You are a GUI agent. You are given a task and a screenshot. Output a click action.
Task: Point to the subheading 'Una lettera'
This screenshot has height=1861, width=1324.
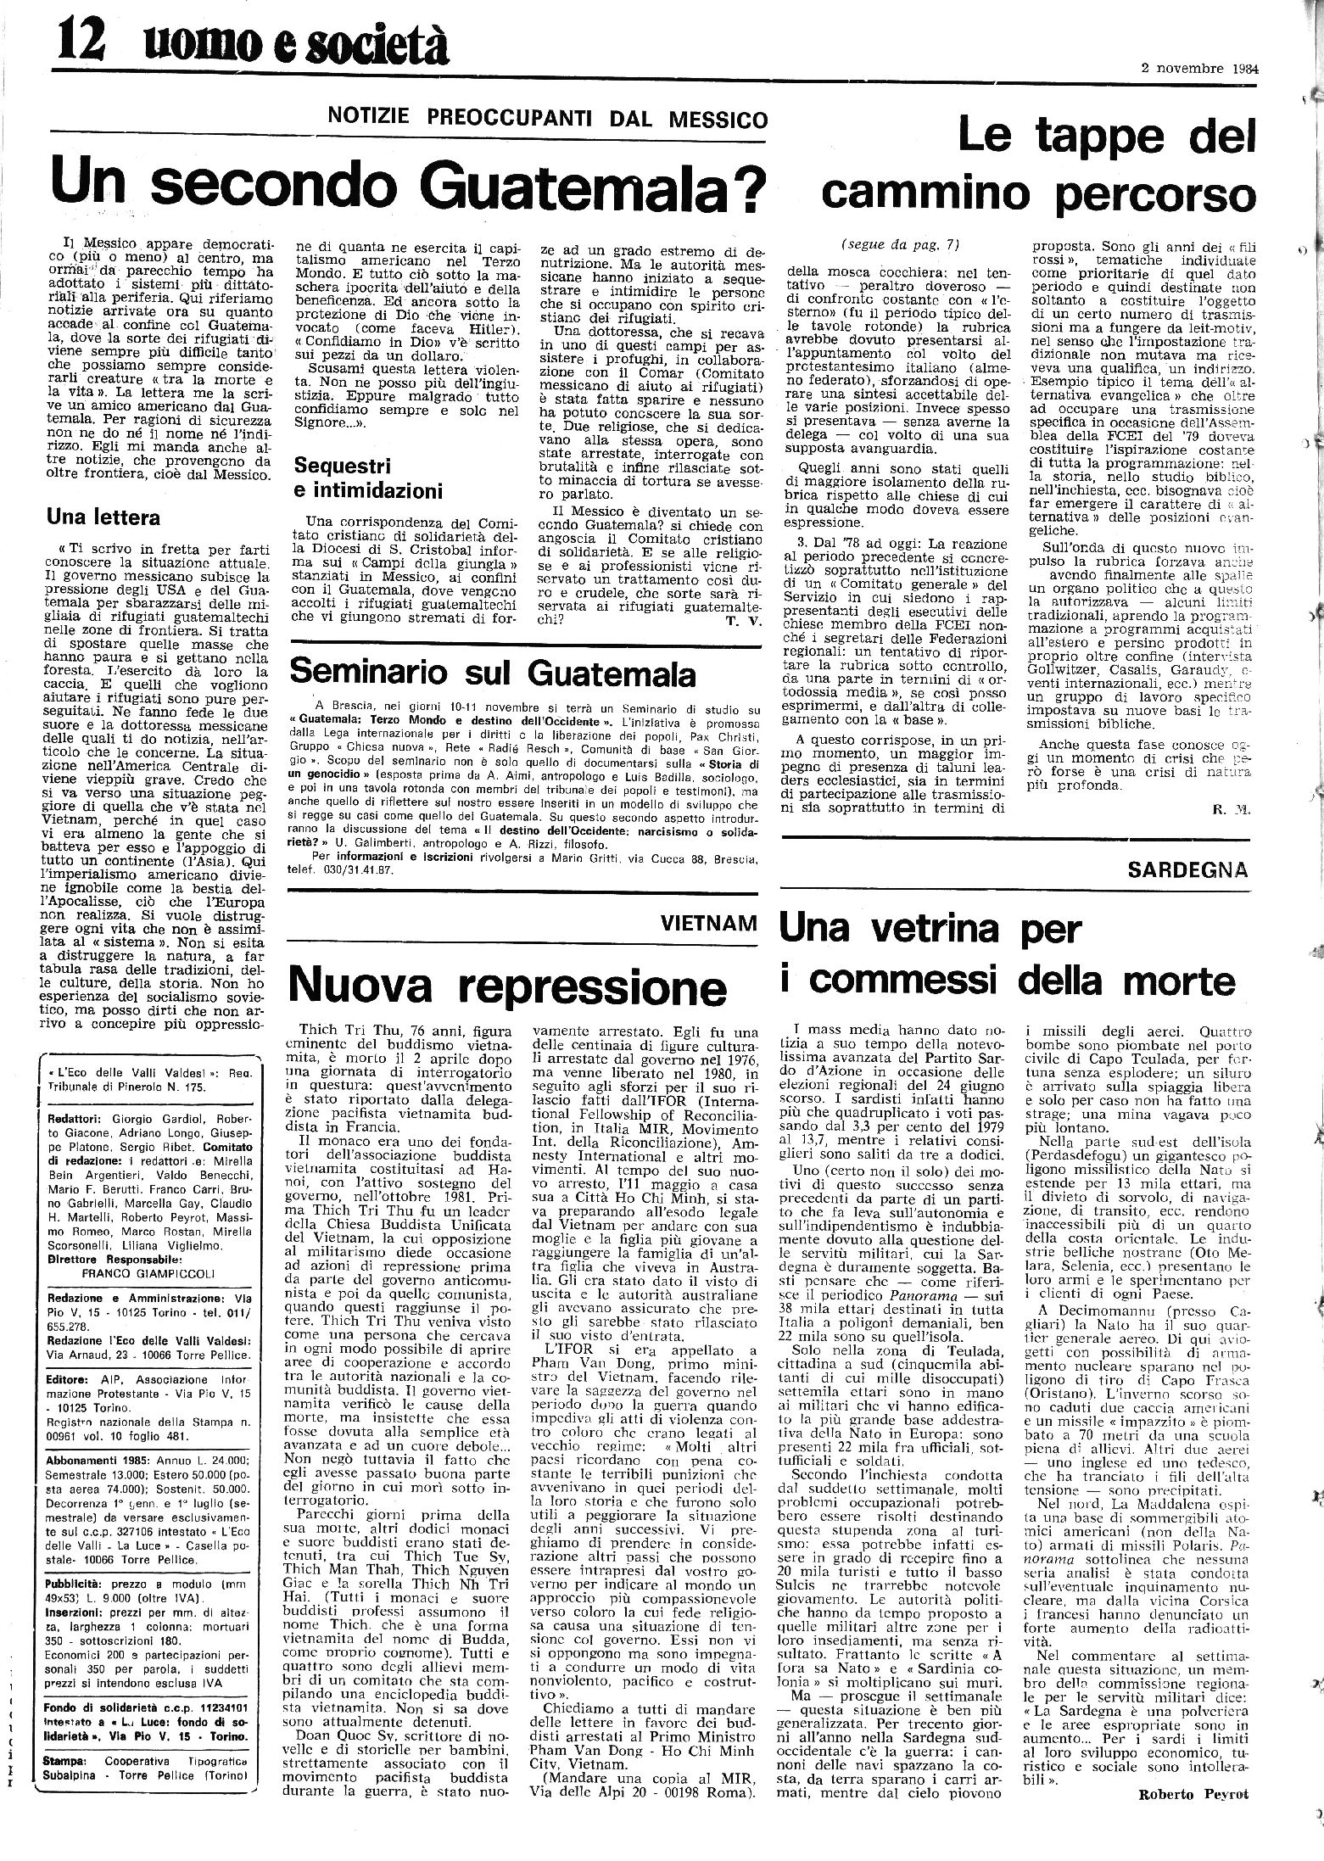click(103, 516)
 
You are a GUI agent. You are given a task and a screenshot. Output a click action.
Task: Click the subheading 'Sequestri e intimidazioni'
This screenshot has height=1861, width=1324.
click(368, 478)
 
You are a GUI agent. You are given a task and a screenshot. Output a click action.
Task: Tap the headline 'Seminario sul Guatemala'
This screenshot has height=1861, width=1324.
click(492, 673)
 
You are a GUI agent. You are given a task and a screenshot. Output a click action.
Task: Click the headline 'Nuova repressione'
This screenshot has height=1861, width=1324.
click(507, 985)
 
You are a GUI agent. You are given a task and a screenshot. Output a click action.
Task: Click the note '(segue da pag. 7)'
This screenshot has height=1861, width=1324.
click(900, 244)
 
